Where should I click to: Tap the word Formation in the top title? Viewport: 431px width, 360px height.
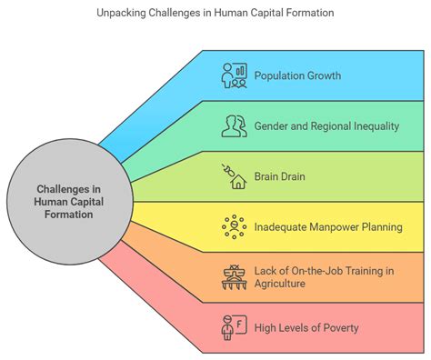309,14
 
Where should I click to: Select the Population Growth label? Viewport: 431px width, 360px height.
297,75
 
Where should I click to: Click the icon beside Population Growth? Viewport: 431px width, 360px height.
235,75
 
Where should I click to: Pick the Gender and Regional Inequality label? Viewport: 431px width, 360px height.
326,125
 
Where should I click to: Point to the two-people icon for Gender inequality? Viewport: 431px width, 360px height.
235,125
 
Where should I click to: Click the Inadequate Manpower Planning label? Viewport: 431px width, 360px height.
327,226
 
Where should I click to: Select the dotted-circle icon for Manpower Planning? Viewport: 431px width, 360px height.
235,226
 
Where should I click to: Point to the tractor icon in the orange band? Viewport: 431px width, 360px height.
235,277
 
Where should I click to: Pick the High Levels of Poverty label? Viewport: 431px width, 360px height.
306,327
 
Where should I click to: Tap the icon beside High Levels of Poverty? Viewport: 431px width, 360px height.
235,327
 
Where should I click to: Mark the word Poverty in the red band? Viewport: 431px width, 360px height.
338,327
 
